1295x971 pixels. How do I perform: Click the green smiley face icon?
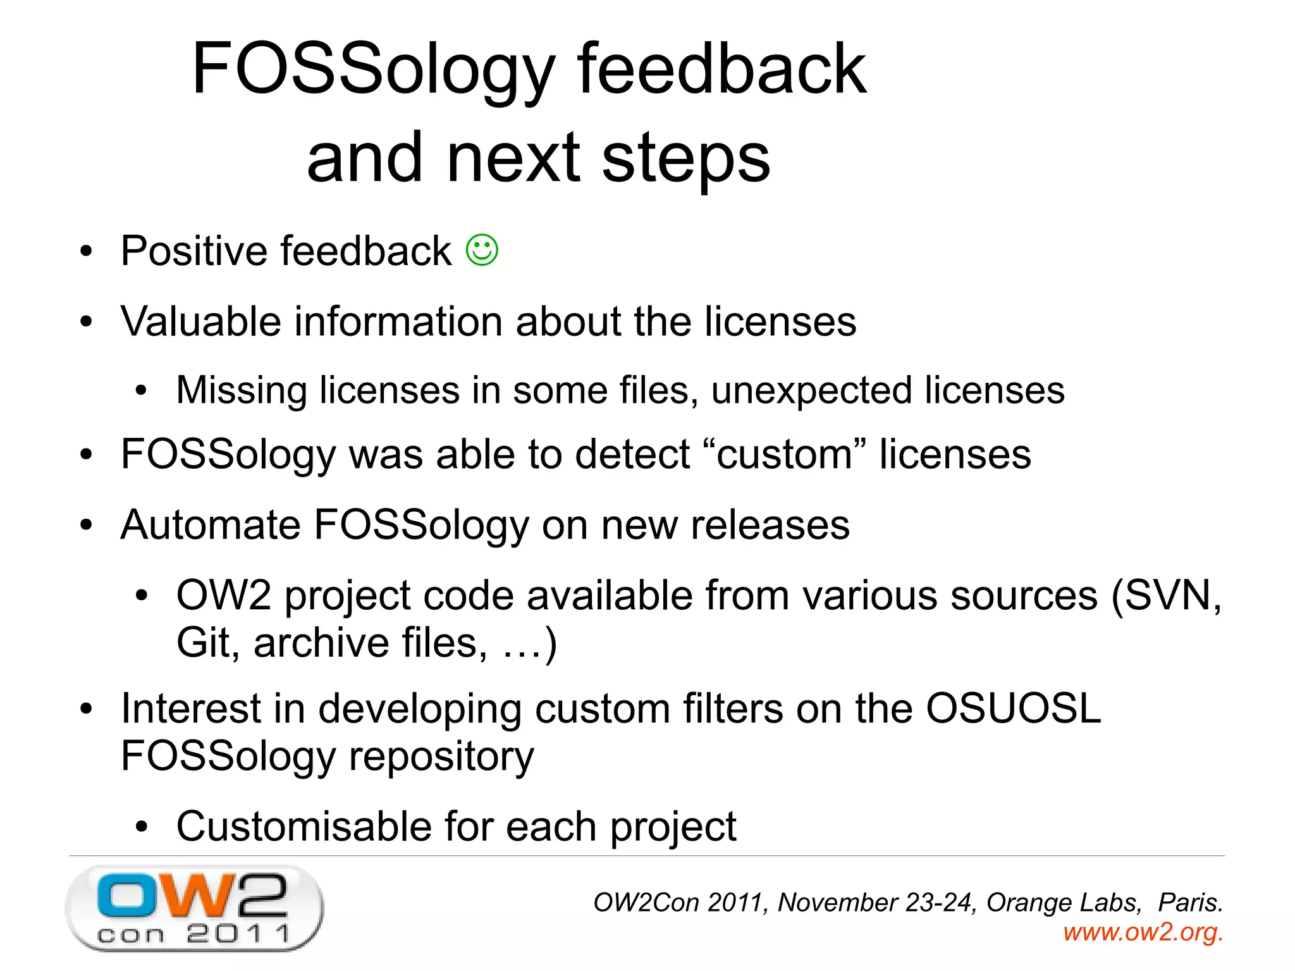point(482,250)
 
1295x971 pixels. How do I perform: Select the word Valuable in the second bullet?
point(200,321)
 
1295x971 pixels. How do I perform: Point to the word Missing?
point(241,390)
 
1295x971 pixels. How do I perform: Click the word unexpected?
point(811,390)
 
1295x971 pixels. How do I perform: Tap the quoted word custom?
point(784,454)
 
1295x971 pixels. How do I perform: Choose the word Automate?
point(211,525)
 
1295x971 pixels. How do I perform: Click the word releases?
point(770,525)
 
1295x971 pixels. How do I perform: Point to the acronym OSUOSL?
point(1013,708)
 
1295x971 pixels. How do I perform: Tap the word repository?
point(441,757)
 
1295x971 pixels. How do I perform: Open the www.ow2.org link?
point(1143,932)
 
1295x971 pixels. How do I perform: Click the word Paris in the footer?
point(1189,903)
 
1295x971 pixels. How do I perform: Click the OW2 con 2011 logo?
point(194,907)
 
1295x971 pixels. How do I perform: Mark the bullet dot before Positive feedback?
point(87,252)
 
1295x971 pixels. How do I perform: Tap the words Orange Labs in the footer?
point(1064,903)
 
